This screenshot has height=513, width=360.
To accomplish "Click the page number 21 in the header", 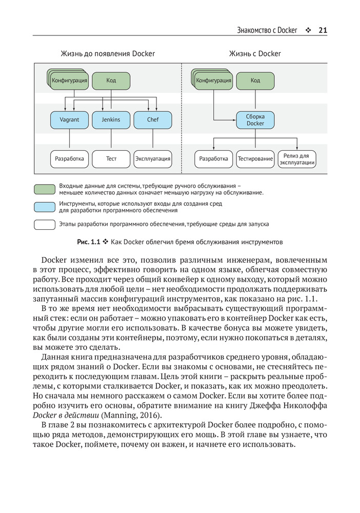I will click(x=323, y=30).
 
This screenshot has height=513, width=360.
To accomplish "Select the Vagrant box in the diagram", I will click(x=69, y=120).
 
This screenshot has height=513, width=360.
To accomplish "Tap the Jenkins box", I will click(x=111, y=120).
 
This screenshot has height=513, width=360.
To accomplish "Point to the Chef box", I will click(x=153, y=120).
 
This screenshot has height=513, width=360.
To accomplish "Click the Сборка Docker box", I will click(x=255, y=120).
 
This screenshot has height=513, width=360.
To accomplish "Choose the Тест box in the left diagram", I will click(x=111, y=159).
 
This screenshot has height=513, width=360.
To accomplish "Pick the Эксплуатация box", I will click(x=152, y=159).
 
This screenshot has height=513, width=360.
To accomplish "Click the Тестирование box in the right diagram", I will click(x=255, y=159).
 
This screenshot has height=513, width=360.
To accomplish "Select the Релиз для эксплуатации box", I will click(x=296, y=159).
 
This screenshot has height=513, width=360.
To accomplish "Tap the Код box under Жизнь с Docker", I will click(x=255, y=81).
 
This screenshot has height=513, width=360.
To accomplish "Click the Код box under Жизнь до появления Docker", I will click(x=111, y=81).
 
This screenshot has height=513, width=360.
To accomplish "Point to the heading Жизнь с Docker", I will click(x=255, y=53).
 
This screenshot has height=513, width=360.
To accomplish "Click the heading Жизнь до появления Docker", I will click(x=108, y=53).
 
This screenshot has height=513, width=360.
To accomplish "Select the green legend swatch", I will click(x=45, y=189).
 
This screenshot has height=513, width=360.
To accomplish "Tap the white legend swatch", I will click(x=45, y=224).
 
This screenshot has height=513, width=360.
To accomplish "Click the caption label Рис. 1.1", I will click(x=88, y=241).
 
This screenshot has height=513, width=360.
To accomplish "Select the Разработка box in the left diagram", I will click(x=69, y=159).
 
